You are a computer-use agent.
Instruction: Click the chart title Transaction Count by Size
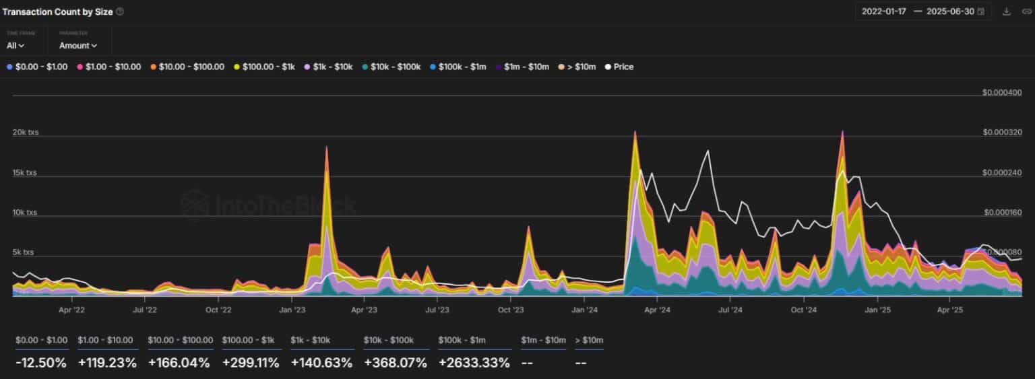pos(59,11)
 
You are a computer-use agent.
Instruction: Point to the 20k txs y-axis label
pos(26,132)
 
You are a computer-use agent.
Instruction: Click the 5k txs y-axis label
pos(24,252)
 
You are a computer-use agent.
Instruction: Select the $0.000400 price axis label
pos(1002,92)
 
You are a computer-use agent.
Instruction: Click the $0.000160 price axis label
pos(1003,213)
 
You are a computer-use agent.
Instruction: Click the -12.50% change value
pos(41,363)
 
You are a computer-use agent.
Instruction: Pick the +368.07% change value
pos(396,363)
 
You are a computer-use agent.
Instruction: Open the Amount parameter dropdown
pos(78,45)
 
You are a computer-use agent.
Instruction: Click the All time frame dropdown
pos(15,45)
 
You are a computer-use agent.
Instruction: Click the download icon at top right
pos(1007,11)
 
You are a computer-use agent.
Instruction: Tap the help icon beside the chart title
pos(120,11)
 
